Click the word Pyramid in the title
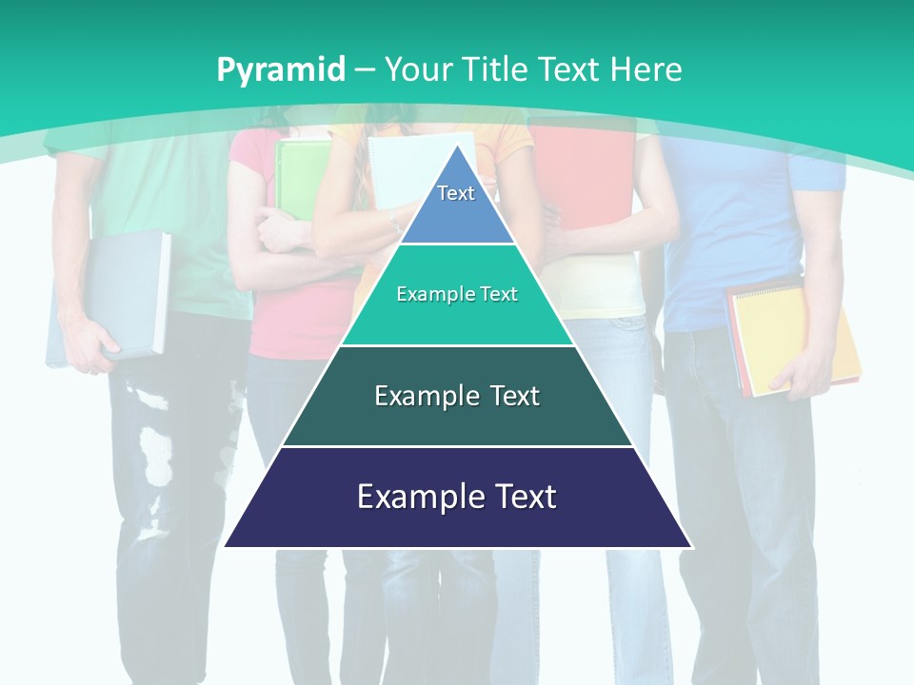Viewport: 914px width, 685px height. (x=281, y=69)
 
